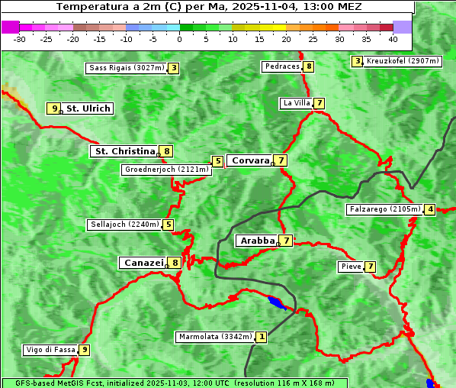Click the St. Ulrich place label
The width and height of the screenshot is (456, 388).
pos(88,108)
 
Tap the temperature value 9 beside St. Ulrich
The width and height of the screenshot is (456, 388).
pos(53,108)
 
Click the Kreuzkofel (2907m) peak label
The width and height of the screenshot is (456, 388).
pos(403,61)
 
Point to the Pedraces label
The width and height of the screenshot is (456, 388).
pos(282,66)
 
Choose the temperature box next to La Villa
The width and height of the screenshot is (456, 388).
pos(320,103)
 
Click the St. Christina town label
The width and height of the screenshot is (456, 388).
pos(124,151)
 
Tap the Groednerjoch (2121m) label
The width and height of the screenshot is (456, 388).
pos(166,170)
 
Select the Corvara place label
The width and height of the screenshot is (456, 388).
pos(250,160)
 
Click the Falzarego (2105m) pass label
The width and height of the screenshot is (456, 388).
pos(384,209)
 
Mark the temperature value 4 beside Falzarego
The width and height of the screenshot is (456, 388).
pos(430,209)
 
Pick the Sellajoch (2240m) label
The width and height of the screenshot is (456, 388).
pos(124,225)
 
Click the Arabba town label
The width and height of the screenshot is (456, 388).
pos(257,241)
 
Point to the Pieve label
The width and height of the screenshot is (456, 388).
pos(351,267)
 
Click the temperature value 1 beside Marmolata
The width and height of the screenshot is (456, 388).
pos(262,337)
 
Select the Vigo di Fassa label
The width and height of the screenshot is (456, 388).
pos(50,350)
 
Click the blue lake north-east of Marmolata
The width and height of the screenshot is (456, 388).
pos(278,303)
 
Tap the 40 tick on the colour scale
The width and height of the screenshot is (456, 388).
pos(393,38)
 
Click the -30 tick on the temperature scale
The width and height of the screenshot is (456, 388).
pos(20,38)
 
